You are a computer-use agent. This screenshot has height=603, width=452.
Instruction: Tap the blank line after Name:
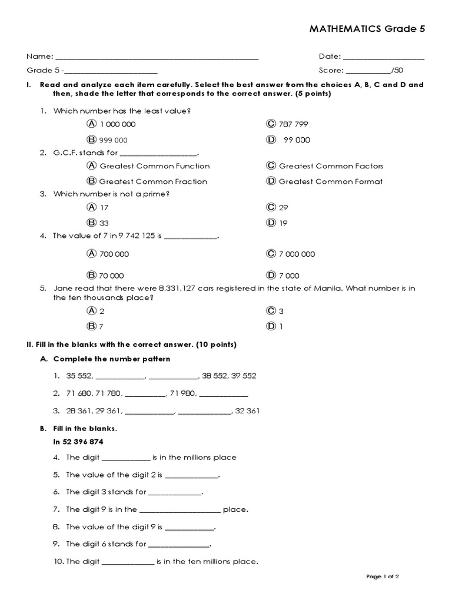pyautogui.click(x=157, y=58)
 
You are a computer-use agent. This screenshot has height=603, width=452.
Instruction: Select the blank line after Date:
pyautogui.click(x=383, y=58)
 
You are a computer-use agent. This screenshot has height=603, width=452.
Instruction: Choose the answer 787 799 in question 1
pyautogui.click(x=293, y=124)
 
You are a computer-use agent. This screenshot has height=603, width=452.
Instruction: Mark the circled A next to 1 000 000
pyautogui.click(x=91, y=124)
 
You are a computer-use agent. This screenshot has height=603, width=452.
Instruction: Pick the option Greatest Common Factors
pyautogui.click(x=331, y=166)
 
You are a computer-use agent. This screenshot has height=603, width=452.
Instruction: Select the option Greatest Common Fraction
pyautogui.click(x=153, y=181)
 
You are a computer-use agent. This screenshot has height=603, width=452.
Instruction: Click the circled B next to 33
pyautogui.click(x=91, y=222)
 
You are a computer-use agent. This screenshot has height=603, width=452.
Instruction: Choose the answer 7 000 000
pyautogui.click(x=297, y=254)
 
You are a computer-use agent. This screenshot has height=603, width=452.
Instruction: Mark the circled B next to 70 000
pyautogui.click(x=91, y=275)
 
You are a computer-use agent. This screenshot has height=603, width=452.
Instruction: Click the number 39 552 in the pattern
pyautogui.click(x=243, y=376)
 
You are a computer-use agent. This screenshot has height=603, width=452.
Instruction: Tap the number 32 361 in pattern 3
pyautogui.click(x=246, y=411)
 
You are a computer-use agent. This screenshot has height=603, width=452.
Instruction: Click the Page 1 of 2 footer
pyautogui.click(x=383, y=577)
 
